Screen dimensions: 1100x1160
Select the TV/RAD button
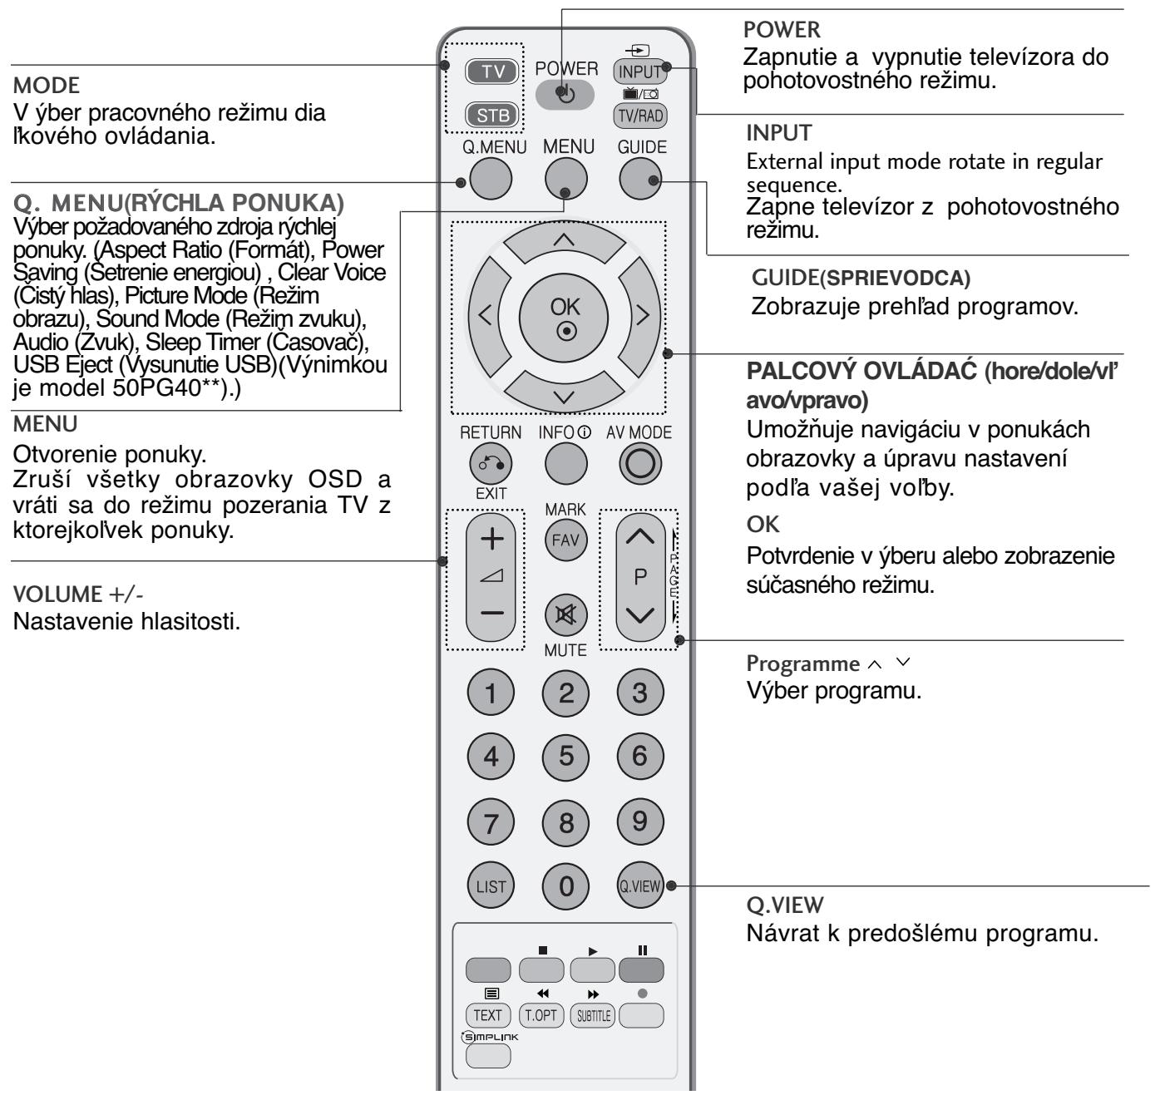pos(640,116)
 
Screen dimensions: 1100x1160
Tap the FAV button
pos(565,540)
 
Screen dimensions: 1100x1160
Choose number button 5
pos(565,756)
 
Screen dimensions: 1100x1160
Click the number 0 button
pos(565,886)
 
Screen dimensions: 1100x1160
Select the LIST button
pos(491,886)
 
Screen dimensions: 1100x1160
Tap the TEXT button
pos(488,1015)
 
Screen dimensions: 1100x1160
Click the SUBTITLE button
pos(592,1015)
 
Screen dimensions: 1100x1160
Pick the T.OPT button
pos(541,1015)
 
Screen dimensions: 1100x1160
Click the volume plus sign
pos(492,539)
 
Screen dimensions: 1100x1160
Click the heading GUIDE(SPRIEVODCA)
pos(861,280)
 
